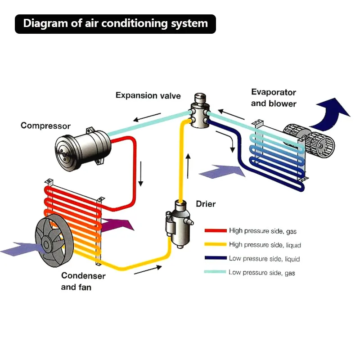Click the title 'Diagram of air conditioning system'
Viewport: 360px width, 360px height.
[x=115, y=24]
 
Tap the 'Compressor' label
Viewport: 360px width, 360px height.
[x=45, y=126]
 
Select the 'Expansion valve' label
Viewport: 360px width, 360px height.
[x=148, y=95]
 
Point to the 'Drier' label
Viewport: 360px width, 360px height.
[x=206, y=204]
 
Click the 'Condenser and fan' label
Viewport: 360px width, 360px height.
[x=83, y=281]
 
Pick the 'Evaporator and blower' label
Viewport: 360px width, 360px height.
[x=274, y=98]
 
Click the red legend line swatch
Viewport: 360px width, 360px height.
[x=215, y=231]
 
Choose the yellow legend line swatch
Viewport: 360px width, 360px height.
[x=215, y=245]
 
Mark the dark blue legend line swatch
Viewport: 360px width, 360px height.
[x=215, y=259]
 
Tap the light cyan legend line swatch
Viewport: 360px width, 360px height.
[x=215, y=272]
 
